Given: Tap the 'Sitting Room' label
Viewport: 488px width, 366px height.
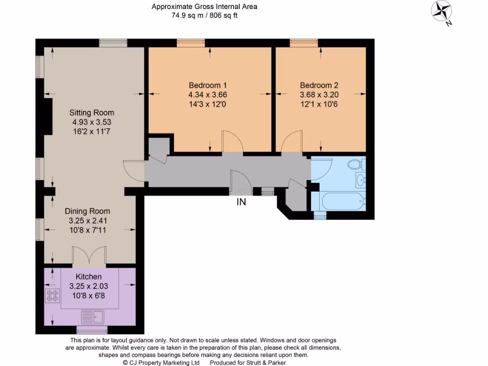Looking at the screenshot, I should (x=91, y=113).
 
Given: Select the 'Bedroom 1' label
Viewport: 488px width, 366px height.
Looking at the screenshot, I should (x=207, y=86).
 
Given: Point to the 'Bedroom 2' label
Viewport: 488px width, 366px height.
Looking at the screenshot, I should (x=319, y=86).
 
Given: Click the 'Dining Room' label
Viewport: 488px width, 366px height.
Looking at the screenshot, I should (x=87, y=211).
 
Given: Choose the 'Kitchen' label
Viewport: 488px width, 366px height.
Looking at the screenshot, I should (x=89, y=276).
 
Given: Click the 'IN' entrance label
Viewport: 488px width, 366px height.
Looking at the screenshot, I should (x=242, y=202).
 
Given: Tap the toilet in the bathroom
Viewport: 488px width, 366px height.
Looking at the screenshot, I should (x=355, y=165).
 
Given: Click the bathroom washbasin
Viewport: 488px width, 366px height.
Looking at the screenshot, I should (x=360, y=180).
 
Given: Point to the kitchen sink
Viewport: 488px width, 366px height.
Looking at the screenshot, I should (x=93, y=315).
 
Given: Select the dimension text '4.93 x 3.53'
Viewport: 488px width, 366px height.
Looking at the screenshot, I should (x=91, y=122).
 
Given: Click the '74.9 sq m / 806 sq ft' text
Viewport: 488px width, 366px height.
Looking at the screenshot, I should (x=204, y=15).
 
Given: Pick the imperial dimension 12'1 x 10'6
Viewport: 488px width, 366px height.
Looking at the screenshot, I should (x=319, y=104).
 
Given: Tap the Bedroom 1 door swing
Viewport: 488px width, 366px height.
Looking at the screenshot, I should (x=233, y=143).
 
